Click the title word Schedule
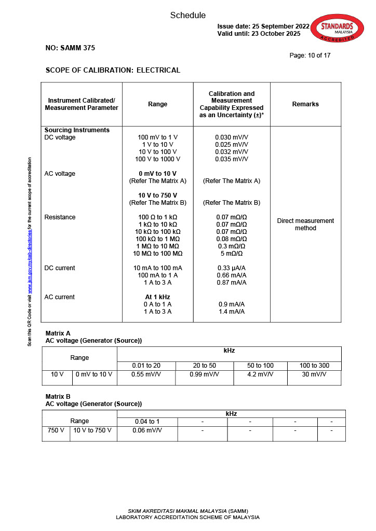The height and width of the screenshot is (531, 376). [x=188, y=16]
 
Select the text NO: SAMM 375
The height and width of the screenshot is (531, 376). [x=70, y=48]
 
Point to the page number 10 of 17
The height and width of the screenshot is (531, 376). [x=310, y=55]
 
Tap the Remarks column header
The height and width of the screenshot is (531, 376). [x=305, y=104]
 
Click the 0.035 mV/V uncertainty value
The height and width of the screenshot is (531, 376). [x=232, y=159]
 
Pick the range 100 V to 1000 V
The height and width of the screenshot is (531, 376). [x=157, y=159]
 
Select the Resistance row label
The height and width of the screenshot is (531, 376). [x=60, y=217]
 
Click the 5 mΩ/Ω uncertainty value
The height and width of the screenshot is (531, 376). [x=232, y=254]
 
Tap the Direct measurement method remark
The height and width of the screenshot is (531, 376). [x=305, y=225]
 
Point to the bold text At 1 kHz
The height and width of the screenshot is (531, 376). [x=157, y=297]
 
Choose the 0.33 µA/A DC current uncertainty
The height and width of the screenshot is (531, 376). [x=232, y=268]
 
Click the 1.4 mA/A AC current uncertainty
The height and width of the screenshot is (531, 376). [x=232, y=312]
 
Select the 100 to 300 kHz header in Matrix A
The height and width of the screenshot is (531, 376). [x=314, y=366]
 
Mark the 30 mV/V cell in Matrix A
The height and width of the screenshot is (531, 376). [x=314, y=374]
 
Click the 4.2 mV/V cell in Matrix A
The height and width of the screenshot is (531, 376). [x=260, y=374]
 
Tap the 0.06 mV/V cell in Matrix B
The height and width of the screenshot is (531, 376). [x=147, y=430]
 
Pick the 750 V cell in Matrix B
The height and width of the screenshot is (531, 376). [x=56, y=430]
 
